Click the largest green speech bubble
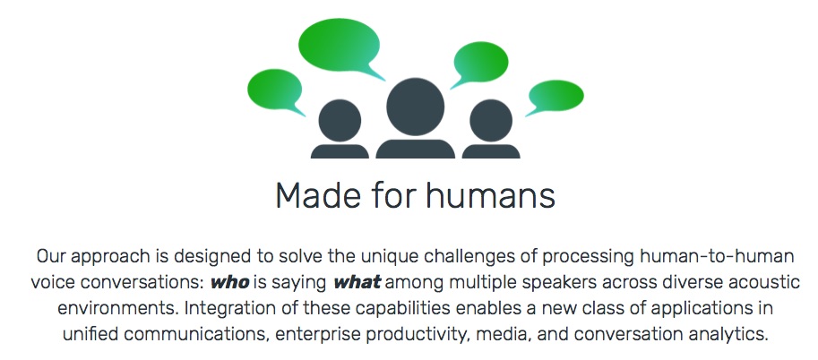339,46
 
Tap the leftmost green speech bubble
274,90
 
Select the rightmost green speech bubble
555,96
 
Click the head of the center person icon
415,107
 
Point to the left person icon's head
340,121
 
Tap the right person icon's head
491,121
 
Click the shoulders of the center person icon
415,150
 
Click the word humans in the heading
490,195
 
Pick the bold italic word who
229,283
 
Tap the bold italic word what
357,283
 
